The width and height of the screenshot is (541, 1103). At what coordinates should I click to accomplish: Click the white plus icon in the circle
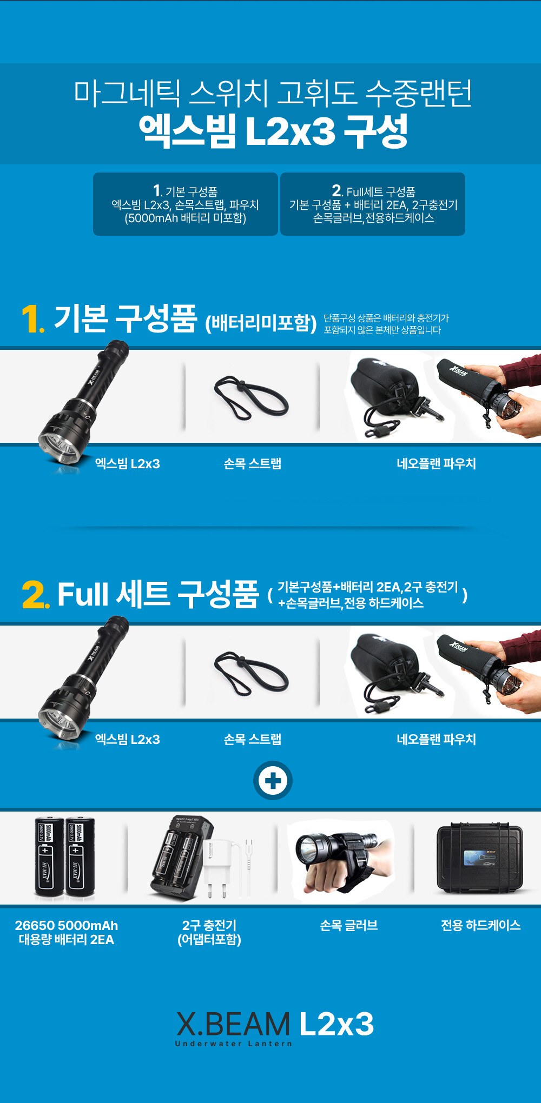(x=273, y=781)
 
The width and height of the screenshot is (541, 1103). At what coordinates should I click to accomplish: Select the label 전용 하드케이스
(x=480, y=925)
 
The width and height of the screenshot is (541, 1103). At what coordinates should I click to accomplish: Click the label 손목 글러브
(x=349, y=925)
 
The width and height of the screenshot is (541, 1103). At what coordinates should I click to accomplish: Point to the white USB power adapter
(x=227, y=865)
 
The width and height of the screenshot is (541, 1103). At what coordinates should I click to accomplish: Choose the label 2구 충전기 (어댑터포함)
(x=209, y=932)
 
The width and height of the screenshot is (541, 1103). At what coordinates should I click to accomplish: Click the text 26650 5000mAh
(x=67, y=925)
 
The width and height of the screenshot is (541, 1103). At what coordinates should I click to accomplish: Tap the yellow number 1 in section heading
(x=31, y=319)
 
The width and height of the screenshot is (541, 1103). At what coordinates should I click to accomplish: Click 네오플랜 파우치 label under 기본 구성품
(x=436, y=463)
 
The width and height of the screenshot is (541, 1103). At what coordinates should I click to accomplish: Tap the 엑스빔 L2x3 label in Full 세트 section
(x=128, y=739)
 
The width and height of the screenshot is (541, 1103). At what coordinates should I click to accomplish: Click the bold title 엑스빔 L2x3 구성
(x=273, y=131)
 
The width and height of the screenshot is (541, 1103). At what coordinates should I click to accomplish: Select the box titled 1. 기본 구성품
(x=186, y=204)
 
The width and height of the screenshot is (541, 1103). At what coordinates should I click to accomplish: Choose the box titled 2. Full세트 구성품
(x=373, y=204)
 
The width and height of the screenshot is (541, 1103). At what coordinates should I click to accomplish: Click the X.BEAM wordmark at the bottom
(x=233, y=1024)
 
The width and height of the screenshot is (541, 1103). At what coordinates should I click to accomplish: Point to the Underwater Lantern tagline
(x=233, y=1044)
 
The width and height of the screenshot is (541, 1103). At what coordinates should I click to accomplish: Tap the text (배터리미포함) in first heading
(x=261, y=323)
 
